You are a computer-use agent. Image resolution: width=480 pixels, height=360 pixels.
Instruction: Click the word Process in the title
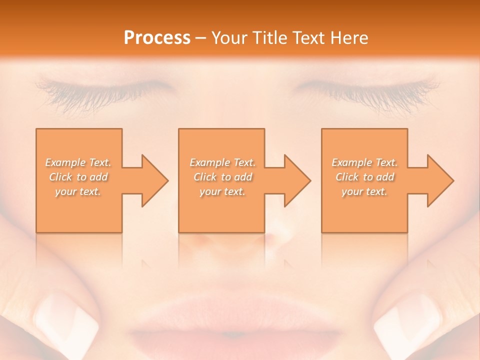pos(157,38)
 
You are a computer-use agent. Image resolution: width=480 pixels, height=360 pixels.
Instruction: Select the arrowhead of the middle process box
pos(296,180)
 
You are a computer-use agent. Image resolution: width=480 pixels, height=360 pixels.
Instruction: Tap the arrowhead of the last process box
pos(439,180)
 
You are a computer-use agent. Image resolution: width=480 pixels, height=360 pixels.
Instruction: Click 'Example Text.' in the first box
pos(78,162)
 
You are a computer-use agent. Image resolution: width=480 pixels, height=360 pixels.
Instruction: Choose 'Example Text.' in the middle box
pos(222,162)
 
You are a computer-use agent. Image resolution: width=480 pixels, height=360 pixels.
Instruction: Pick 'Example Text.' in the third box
pos(364,162)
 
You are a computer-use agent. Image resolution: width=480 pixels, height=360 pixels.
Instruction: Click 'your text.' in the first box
pos(78,191)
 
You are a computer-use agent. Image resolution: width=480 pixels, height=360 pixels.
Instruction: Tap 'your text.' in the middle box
pos(222,191)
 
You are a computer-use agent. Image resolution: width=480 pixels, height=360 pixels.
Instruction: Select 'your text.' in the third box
pos(364,191)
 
